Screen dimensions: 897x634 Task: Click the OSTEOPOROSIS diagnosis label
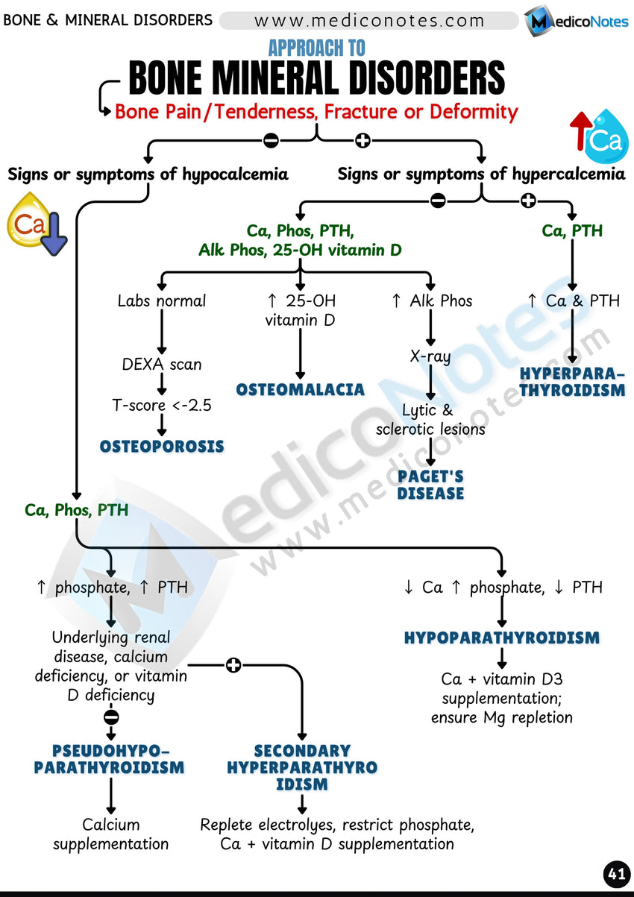tap(162, 447)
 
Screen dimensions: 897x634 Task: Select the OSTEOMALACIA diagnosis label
tap(300, 389)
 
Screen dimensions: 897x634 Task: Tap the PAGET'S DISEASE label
tap(430, 484)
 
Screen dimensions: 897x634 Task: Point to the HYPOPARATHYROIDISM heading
tap(501, 638)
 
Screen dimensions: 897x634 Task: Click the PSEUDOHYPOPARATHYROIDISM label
tap(110, 758)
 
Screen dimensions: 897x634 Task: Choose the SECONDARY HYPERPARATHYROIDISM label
tap(302, 767)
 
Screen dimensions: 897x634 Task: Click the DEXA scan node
tap(162, 365)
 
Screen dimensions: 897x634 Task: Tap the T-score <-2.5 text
tap(162, 406)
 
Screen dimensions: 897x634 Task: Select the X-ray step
tap(430, 356)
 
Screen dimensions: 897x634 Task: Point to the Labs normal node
tap(162, 301)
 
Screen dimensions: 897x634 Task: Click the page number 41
tap(616, 875)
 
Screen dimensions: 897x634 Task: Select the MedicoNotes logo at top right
tap(576, 21)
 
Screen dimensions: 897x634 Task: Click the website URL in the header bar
tap(369, 21)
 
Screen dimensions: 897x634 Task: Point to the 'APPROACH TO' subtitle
tap(316, 49)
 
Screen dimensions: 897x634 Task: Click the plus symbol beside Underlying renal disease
tap(233, 664)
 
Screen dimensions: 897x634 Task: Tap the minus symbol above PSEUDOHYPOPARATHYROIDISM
tap(111, 717)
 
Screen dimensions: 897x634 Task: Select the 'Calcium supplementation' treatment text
tap(110, 834)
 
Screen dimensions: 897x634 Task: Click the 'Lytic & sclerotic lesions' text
tap(430, 419)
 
